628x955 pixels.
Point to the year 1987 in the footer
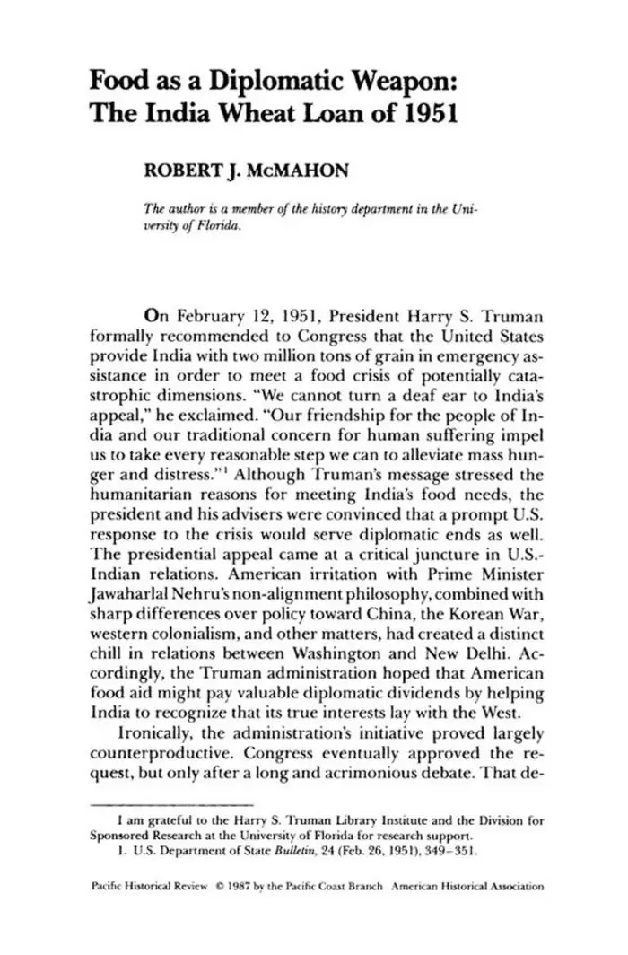(x=238, y=887)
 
